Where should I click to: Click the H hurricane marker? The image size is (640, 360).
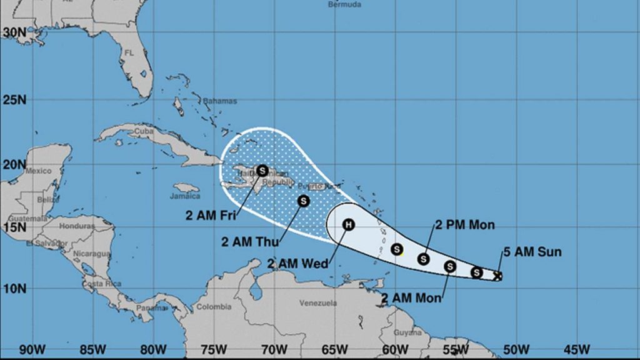(x=349, y=224)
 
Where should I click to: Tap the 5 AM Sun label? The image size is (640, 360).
(x=532, y=252)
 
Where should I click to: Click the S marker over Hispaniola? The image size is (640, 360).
(x=262, y=170)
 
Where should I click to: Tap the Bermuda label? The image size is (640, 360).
(x=344, y=4)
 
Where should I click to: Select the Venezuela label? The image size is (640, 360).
(x=318, y=303)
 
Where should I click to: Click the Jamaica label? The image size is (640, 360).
(x=183, y=196)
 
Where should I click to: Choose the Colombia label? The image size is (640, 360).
(x=214, y=307)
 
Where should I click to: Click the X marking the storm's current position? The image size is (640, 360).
(x=497, y=276)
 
